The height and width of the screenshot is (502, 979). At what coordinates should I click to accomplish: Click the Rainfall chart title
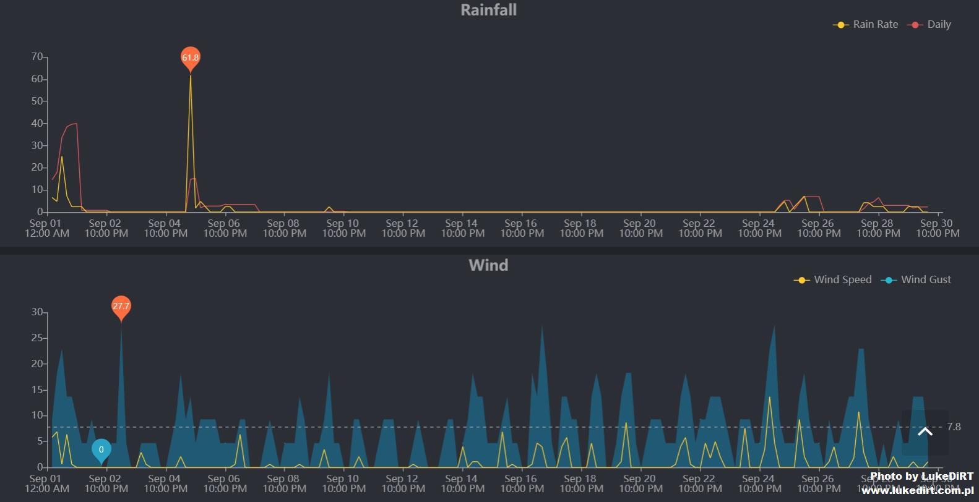click(x=488, y=10)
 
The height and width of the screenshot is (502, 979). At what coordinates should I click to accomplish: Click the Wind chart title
click(x=488, y=265)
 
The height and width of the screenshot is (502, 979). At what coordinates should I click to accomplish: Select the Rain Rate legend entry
click(x=866, y=25)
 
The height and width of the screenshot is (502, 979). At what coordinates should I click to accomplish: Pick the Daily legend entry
click(x=930, y=25)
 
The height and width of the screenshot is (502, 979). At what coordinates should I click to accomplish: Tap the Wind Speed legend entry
click(x=834, y=280)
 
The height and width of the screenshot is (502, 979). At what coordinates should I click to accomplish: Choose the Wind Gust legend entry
click(x=918, y=280)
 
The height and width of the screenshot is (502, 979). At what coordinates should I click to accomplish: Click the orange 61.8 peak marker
click(x=191, y=58)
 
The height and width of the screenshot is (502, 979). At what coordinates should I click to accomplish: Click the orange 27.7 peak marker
click(x=121, y=307)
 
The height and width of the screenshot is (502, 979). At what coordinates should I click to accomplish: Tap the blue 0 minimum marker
click(x=101, y=450)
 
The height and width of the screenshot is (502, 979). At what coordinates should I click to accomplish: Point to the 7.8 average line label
click(x=954, y=427)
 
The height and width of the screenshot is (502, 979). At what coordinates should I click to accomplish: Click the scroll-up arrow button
click(x=925, y=432)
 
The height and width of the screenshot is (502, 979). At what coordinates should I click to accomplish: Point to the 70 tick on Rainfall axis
click(x=37, y=57)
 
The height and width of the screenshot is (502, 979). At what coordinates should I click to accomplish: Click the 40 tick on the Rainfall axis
click(x=37, y=123)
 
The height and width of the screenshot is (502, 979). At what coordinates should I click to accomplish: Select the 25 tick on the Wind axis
click(x=37, y=338)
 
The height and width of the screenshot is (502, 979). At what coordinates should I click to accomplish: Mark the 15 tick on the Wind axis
click(x=37, y=389)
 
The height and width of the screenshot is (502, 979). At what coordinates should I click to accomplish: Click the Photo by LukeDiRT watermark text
click(x=921, y=476)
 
